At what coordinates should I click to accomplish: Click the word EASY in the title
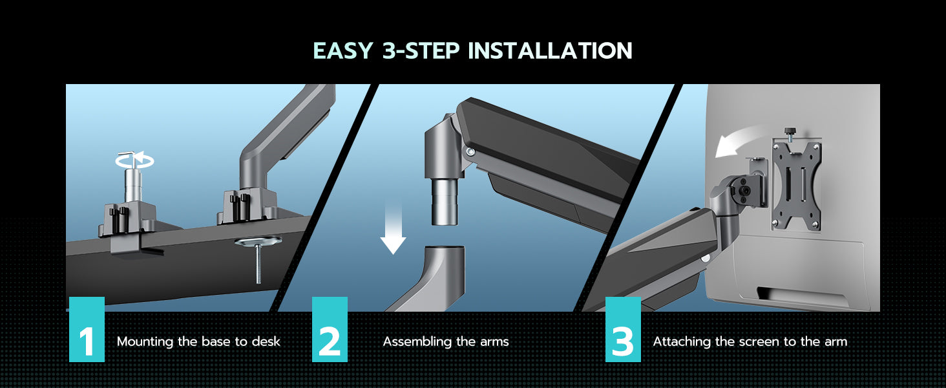[x=343, y=50]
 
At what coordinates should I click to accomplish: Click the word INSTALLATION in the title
[x=551, y=50]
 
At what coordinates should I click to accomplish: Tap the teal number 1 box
[x=87, y=329]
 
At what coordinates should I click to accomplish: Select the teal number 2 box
[x=330, y=329]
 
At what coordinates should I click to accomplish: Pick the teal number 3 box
[x=623, y=329]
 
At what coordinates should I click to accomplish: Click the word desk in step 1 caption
[x=266, y=341]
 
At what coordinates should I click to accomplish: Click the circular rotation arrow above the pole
[x=134, y=160]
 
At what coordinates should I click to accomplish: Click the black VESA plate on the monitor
[x=797, y=186]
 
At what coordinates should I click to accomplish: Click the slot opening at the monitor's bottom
[x=803, y=296]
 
